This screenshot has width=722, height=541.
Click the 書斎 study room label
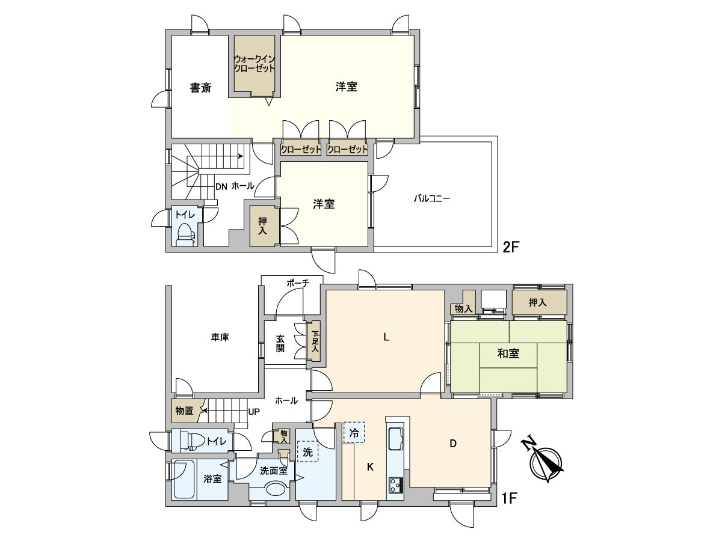200,88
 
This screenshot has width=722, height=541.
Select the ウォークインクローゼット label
255,64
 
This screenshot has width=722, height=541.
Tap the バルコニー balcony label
431,198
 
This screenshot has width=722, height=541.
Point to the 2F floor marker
511,246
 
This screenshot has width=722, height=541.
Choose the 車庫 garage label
220,338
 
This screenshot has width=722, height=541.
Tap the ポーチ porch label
298,284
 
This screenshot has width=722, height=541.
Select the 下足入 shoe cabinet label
315,341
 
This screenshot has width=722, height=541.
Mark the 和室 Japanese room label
508,354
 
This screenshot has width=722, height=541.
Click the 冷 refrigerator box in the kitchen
354,432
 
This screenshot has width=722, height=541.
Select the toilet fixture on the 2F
185,235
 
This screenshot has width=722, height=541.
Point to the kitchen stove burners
396,484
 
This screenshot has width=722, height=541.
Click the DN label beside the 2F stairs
221,186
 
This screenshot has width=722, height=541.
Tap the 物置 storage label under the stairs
184,411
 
